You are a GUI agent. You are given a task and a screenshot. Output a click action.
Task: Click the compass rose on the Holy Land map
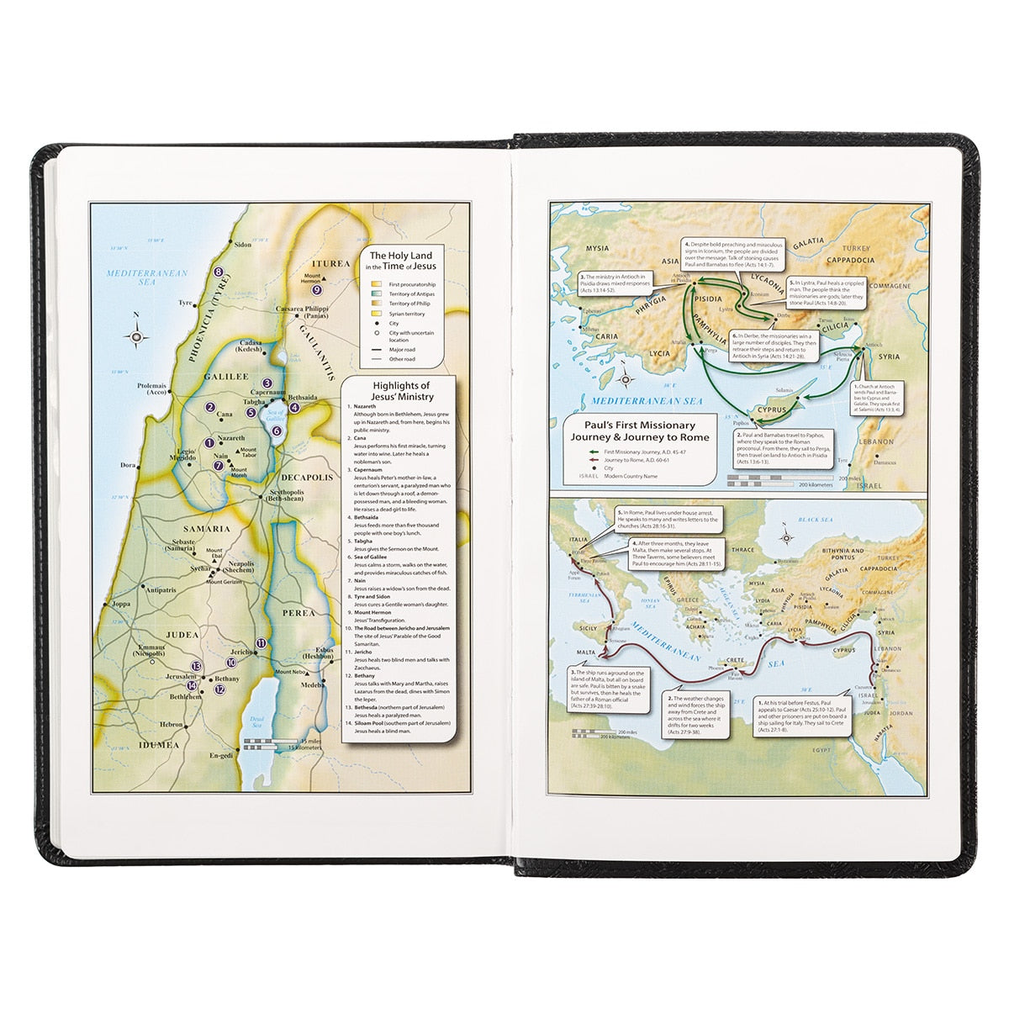136,336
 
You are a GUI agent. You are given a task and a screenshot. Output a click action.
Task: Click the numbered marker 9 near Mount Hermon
316,290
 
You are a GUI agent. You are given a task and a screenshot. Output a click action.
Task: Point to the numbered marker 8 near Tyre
219,271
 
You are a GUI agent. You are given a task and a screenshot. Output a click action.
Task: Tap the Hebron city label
172,723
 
